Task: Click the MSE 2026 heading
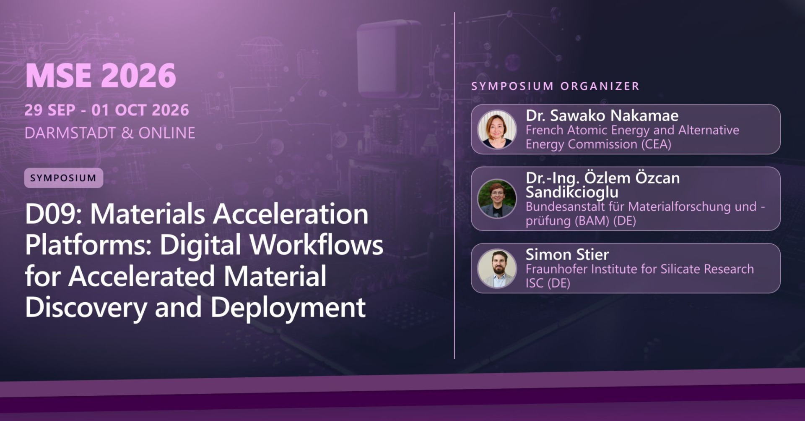click(x=101, y=76)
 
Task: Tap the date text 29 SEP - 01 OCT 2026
click(x=106, y=110)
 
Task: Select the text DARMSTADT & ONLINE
click(x=110, y=133)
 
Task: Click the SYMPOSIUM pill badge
click(x=63, y=178)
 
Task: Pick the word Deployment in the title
click(x=288, y=308)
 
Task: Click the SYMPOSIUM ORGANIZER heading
click(x=555, y=86)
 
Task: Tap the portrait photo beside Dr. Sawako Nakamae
click(x=497, y=129)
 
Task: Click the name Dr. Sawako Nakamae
click(x=602, y=115)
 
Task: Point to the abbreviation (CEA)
click(x=656, y=144)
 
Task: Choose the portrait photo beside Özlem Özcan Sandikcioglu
click(x=497, y=199)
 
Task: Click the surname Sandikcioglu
click(x=572, y=192)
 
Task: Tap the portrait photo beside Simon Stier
click(x=497, y=268)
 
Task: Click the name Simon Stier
click(x=567, y=255)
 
